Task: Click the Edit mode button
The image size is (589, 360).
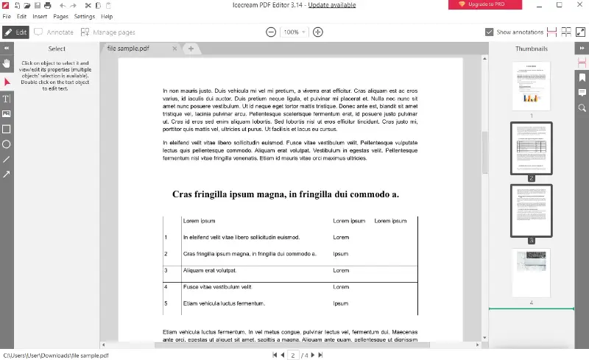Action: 15,32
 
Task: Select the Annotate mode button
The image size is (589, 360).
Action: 54,32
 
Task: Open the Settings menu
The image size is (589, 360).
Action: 85,16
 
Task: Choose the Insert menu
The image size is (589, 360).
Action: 40,16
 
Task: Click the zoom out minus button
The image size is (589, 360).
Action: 271,32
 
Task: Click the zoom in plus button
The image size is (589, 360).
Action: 318,32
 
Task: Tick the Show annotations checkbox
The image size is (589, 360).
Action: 490,32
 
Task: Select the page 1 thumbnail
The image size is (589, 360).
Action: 531,85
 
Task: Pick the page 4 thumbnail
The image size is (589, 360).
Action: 531,272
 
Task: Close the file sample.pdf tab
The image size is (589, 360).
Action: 174,49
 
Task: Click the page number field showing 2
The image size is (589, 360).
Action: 292,355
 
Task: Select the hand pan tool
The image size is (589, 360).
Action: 7,64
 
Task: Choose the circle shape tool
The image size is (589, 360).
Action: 7,144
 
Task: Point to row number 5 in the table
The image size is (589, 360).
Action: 166,303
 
